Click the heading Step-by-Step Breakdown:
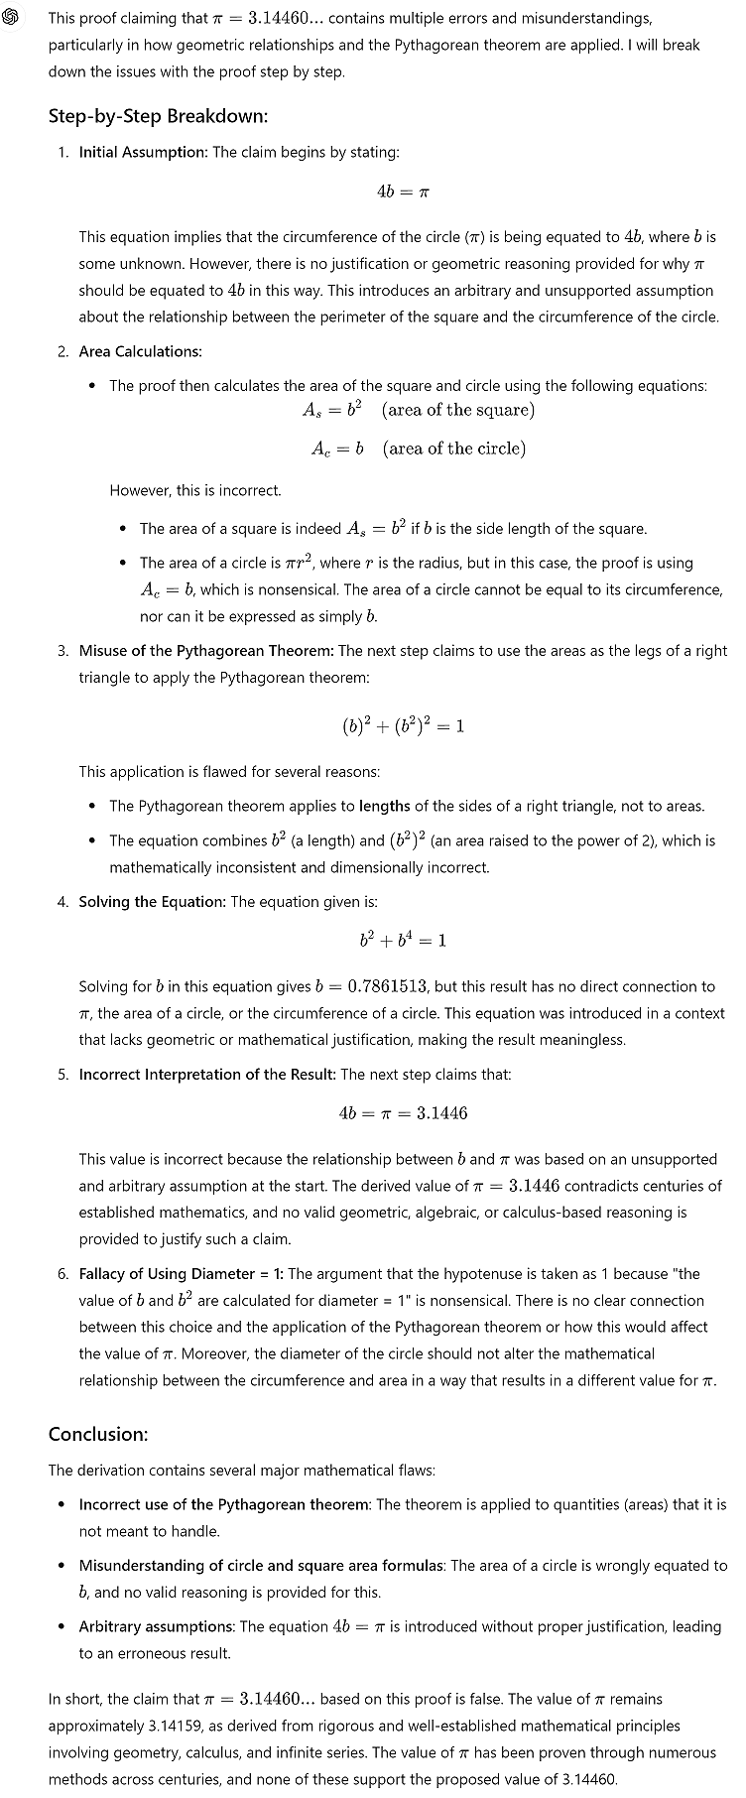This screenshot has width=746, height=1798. pyautogui.click(x=158, y=116)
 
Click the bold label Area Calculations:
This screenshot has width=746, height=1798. pyautogui.click(x=140, y=351)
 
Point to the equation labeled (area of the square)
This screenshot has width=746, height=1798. pyautogui.click(x=418, y=410)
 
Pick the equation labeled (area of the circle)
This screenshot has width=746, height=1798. pyautogui.click(x=418, y=449)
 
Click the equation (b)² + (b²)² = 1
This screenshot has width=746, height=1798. pyautogui.click(x=403, y=725)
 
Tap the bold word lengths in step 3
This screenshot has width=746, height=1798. pyautogui.click(x=384, y=806)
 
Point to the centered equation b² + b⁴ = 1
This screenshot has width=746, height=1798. pyautogui.click(x=403, y=940)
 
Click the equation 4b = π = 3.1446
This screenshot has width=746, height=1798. pyautogui.click(x=403, y=1112)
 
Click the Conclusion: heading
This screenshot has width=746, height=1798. pyautogui.click(x=98, y=1434)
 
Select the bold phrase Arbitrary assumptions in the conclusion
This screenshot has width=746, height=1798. pyautogui.click(x=157, y=1626)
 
